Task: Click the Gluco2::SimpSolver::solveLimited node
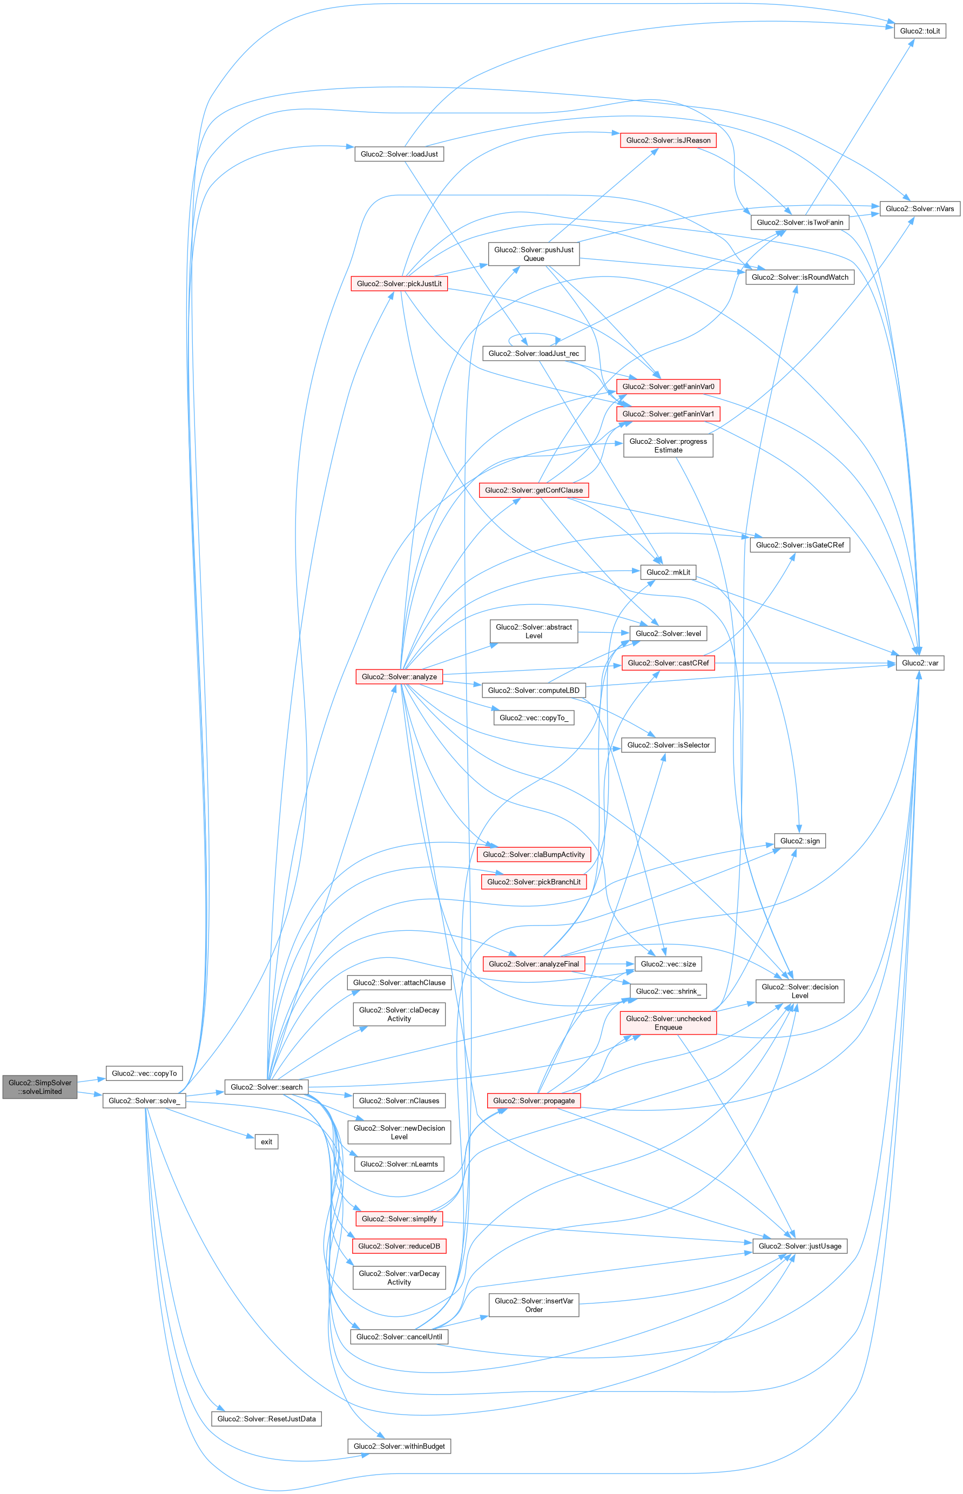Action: tap(40, 1086)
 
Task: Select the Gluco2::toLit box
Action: tap(919, 31)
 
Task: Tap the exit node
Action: tap(266, 1141)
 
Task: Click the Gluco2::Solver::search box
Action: tap(266, 1087)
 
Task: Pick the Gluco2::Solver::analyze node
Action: tap(399, 677)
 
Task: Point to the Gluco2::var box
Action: tap(919, 663)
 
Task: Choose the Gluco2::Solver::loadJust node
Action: tap(399, 154)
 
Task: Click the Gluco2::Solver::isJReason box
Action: tap(668, 140)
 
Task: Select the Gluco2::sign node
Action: tap(799, 841)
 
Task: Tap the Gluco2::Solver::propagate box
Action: tap(534, 1100)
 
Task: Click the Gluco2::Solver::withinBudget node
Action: tap(399, 1446)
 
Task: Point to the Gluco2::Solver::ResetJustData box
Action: tap(266, 1418)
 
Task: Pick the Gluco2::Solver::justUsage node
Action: tap(799, 1246)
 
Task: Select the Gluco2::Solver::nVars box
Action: tap(919, 208)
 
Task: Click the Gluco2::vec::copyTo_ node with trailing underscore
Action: tap(534, 718)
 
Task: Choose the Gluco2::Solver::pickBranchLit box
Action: tap(534, 881)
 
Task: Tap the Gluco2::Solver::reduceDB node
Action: tap(399, 1246)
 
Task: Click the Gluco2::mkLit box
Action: tap(668, 572)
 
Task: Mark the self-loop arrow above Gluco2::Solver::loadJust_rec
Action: tap(534, 334)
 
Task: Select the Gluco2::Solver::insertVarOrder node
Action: tap(534, 1304)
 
